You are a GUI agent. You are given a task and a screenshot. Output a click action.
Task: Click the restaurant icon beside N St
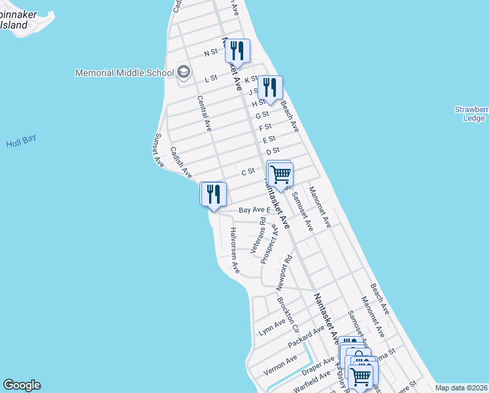(x=237, y=50)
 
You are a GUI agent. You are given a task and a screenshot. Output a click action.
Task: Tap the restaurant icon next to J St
(x=269, y=87)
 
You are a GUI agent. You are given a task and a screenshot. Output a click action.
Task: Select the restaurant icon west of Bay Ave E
(x=213, y=194)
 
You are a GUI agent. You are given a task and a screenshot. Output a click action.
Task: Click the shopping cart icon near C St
(x=280, y=174)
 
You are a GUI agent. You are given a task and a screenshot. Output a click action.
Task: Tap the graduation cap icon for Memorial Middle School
(x=184, y=72)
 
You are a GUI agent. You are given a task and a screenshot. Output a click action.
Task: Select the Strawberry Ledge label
(x=473, y=113)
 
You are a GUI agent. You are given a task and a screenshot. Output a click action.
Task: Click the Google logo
(x=22, y=385)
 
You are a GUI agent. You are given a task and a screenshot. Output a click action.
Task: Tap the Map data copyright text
(x=460, y=388)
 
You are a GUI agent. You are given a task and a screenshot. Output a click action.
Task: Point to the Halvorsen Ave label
(x=233, y=250)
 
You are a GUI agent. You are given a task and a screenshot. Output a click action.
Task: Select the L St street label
(x=211, y=78)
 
